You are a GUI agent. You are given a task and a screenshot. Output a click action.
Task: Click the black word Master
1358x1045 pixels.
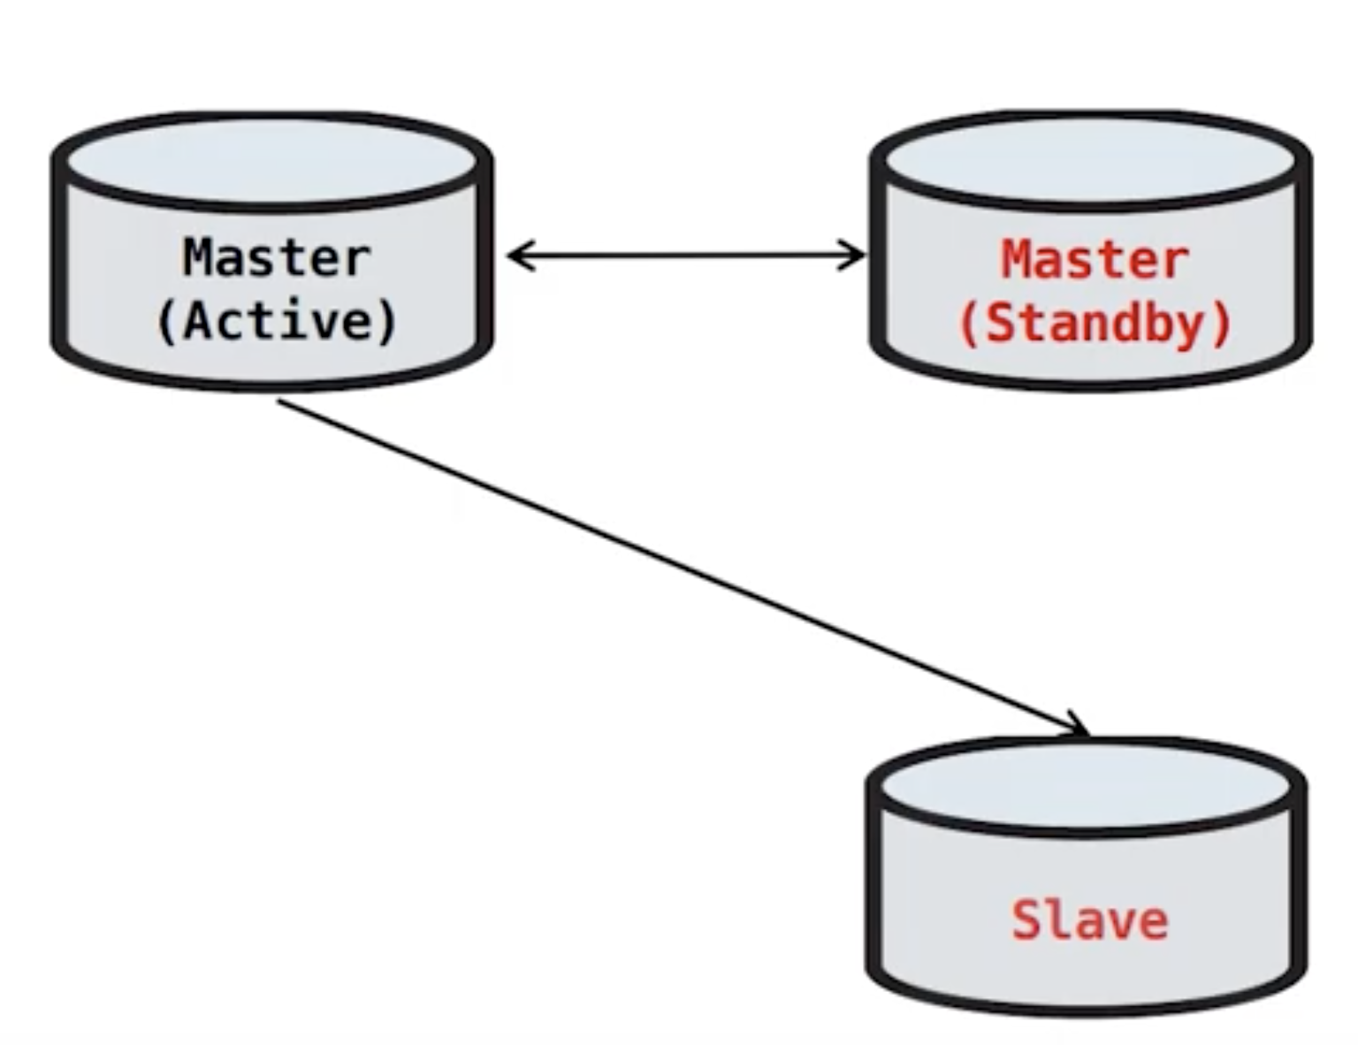276,257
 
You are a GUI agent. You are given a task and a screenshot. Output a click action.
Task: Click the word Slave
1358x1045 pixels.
1089,920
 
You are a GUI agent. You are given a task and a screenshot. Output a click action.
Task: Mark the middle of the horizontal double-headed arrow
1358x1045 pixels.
686,256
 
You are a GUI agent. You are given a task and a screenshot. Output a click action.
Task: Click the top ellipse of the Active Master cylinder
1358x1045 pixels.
271,159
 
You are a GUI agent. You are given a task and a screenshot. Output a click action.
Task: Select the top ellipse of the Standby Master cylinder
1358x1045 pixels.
1091,159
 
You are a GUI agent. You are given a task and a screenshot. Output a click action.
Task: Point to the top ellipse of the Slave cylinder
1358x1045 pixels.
1087,783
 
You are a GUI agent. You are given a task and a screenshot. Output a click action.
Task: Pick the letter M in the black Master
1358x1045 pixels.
199,257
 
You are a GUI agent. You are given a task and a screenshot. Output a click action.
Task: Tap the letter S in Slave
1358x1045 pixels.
1026,920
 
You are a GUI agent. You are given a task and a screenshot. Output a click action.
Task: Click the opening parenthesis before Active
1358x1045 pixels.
165,322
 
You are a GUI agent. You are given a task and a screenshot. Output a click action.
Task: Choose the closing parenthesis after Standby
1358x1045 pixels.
1223,324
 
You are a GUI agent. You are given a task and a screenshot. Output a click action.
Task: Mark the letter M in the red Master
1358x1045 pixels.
1017,260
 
